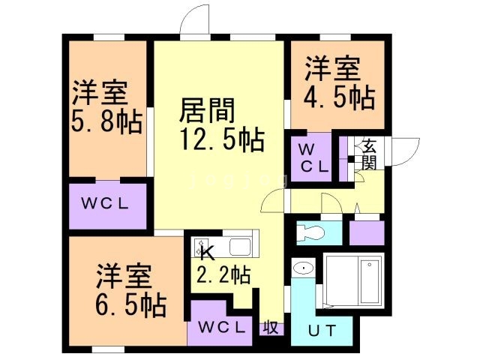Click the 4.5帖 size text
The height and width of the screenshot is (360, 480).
coord(339,97)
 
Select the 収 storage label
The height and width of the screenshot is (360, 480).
coord(270,328)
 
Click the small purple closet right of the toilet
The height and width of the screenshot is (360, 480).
coord(367,233)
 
